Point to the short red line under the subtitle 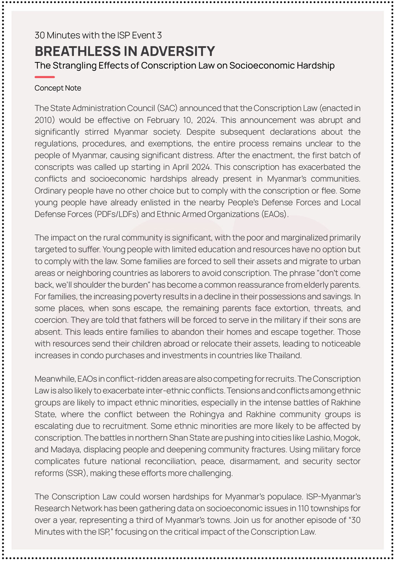pyautogui.click(x=45, y=77)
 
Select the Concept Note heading pyautogui.click(x=58, y=88)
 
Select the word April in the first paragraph pyautogui.click(x=181, y=167)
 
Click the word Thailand pyautogui.click(x=285, y=356)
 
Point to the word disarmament pyautogui.click(x=254, y=461)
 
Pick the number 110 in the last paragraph pyautogui.click(x=303, y=509)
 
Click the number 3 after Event pyautogui.click(x=159, y=35)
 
